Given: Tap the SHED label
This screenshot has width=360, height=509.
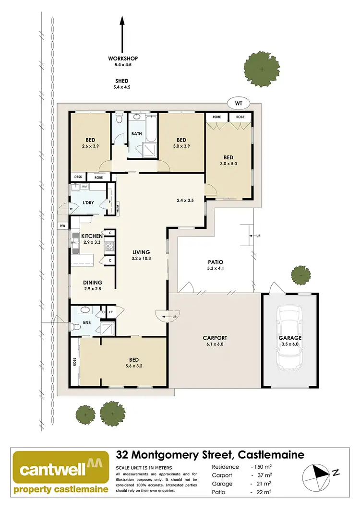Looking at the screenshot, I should tap(122, 81).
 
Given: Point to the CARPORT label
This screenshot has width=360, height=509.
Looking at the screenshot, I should tap(215, 337).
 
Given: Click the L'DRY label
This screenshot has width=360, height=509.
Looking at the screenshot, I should tap(88, 203).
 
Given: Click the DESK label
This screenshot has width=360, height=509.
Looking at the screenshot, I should tap(78, 177).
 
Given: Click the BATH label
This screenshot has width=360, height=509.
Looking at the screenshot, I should tap(136, 134).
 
